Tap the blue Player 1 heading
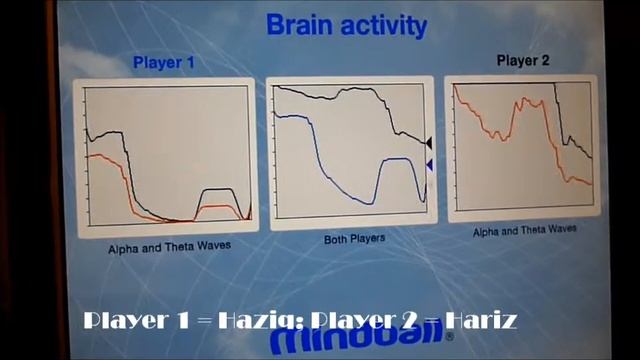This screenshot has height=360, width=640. tap(163, 63)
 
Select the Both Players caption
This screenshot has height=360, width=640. tap(354, 239)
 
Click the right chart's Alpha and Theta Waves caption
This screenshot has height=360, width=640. tap(524, 229)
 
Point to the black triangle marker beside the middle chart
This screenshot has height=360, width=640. tap(429, 143)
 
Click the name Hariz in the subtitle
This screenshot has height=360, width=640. tap(481, 321)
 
